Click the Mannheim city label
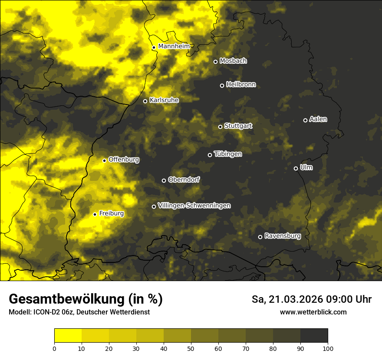point(174,46)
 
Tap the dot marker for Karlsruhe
point(145,101)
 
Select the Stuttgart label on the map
point(238,126)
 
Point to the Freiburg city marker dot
point(95,214)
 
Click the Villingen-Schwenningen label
point(194,206)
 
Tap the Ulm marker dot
point(296,168)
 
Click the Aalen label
point(318,119)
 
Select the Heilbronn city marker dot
point(222,85)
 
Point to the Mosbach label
point(233,61)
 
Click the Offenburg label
point(124,160)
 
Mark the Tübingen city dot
point(210,155)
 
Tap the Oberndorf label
point(184,180)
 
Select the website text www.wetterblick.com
point(313,312)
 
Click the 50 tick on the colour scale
point(191,348)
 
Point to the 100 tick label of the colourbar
point(328,348)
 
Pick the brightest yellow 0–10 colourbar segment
point(68,336)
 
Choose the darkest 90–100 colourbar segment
point(314,336)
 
